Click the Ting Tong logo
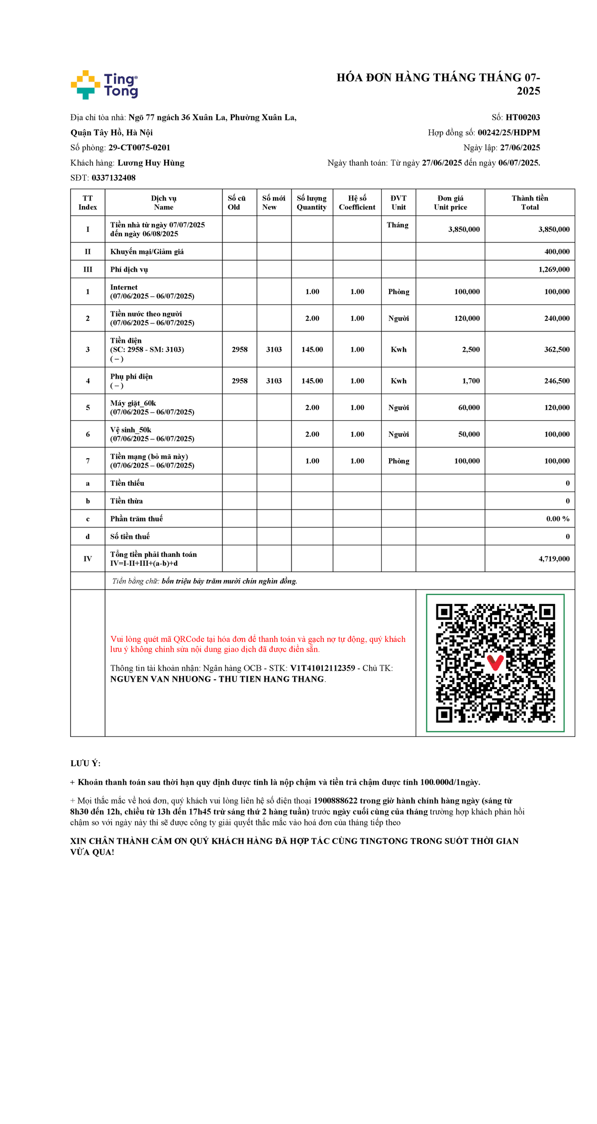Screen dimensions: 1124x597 pyautogui.click(x=104, y=85)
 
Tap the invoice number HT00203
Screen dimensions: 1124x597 pyautogui.click(x=522, y=117)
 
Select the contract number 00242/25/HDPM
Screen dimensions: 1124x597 pyautogui.click(x=508, y=132)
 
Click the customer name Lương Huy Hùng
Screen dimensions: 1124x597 pyautogui.click(x=151, y=163)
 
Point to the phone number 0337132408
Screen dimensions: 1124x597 pyautogui.click(x=113, y=178)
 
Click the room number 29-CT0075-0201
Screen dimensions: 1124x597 pyautogui.click(x=139, y=148)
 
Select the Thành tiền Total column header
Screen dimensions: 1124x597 pyautogui.click(x=529, y=203)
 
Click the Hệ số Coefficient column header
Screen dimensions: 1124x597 pyautogui.click(x=357, y=203)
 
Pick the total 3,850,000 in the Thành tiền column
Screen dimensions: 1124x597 pyautogui.click(x=554, y=229)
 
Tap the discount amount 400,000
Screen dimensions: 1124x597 pyautogui.click(x=557, y=252)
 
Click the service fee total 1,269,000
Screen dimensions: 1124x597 pyautogui.click(x=554, y=270)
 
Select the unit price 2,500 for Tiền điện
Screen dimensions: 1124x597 pyautogui.click(x=471, y=350)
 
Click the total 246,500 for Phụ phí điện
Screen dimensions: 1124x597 pyautogui.click(x=557, y=381)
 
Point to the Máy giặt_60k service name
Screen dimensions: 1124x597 pyautogui.click(x=133, y=403)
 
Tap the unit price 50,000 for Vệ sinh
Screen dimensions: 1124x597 pyautogui.click(x=469, y=434)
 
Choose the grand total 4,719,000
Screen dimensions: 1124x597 pyautogui.click(x=554, y=559)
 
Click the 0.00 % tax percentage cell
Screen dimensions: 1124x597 pyautogui.click(x=557, y=519)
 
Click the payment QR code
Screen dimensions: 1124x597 pyautogui.click(x=495, y=663)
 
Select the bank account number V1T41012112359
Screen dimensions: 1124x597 pyautogui.click(x=322, y=668)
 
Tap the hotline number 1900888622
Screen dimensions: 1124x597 pyautogui.click(x=335, y=801)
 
